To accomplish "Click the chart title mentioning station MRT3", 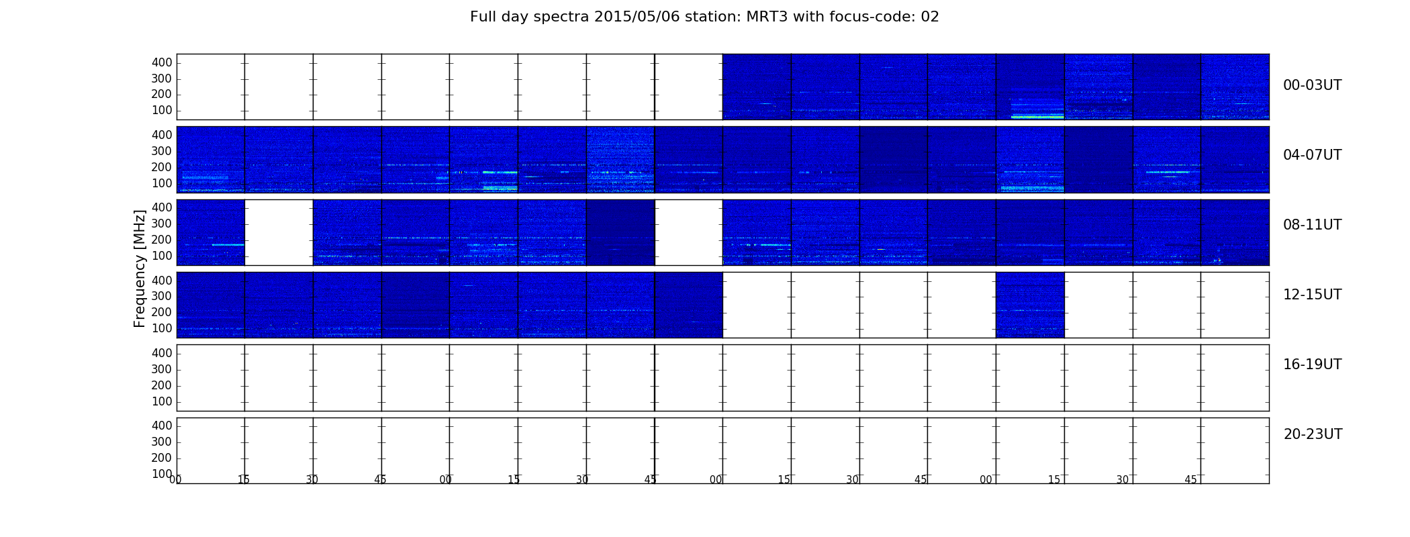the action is (x=704, y=17).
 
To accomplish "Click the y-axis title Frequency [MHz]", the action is (x=140, y=268).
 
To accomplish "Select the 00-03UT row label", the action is (x=1312, y=85).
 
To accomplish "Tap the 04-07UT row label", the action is (x=1312, y=155).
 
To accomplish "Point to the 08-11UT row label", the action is (x=1312, y=225).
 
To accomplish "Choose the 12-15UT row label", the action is (x=1312, y=295).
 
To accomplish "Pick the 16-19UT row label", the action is (x=1312, y=364).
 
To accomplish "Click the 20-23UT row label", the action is (x=1313, y=434).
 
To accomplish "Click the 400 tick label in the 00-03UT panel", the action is (x=162, y=62).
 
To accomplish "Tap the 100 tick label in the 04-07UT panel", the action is (x=162, y=183).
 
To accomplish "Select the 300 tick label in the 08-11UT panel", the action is (x=162, y=224).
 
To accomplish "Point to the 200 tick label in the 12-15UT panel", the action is (x=162, y=312).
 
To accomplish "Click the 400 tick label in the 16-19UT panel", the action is (x=162, y=353).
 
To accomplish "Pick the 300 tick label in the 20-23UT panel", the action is (x=162, y=442).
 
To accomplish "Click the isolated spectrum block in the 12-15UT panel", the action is (x=1030, y=305).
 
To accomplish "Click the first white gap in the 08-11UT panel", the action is (x=279, y=232).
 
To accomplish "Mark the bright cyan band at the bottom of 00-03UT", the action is (x=1037, y=117).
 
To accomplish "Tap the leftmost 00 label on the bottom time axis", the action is (x=175, y=479).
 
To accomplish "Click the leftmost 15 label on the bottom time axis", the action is (x=244, y=479).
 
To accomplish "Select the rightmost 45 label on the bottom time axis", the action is (x=1190, y=479).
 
